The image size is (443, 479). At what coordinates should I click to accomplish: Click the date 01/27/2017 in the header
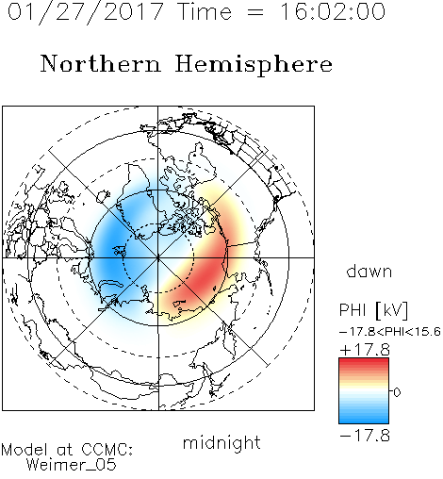86,12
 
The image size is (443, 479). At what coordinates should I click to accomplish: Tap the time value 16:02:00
332,11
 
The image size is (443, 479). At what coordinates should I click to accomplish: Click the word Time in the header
205,11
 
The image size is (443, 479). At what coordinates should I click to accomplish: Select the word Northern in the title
101,63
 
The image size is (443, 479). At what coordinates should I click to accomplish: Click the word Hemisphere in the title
254,65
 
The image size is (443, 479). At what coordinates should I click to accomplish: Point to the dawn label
369,271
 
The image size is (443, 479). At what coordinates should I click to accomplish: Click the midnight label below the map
221,442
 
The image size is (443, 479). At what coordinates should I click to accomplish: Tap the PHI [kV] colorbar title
373,310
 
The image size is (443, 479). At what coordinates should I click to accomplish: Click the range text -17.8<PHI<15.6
390,332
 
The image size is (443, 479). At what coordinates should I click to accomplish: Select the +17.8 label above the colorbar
365,350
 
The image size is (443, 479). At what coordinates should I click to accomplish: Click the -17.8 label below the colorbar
365,436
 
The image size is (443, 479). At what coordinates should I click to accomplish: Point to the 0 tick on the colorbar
397,392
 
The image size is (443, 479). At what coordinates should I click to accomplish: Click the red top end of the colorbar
364,360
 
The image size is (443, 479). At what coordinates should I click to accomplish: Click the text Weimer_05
72,465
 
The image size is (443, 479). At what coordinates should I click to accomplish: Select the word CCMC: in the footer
107,449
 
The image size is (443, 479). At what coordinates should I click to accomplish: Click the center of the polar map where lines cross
158,257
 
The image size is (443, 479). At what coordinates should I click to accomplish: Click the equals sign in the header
255,13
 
